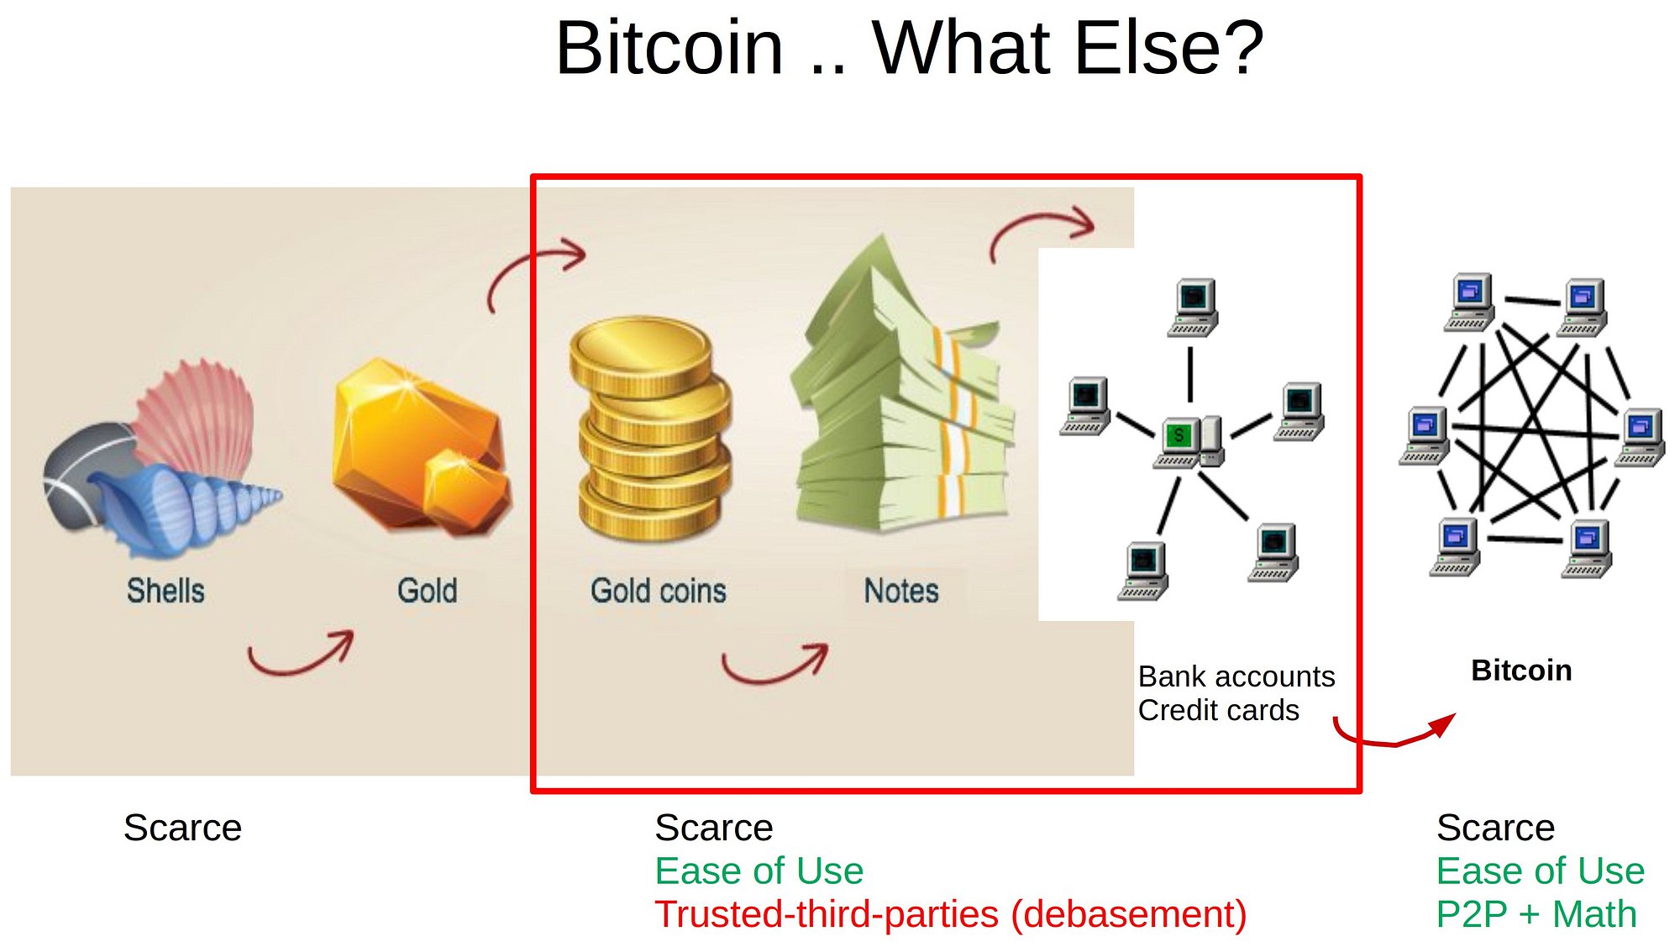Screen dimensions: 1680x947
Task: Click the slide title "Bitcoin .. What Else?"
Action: coord(909,48)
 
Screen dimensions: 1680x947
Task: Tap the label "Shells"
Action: coord(165,591)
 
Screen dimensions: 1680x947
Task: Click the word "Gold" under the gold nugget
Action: coord(427,591)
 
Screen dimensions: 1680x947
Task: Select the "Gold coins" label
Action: coord(659,591)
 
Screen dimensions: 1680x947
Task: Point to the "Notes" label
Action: coord(901,591)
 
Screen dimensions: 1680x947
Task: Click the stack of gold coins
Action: coord(651,429)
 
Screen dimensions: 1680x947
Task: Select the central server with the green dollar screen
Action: coord(1189,442)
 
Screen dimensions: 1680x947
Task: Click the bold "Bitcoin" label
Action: coord(1521,671)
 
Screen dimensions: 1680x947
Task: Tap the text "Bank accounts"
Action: coord(1236,676)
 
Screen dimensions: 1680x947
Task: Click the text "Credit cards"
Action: coord(1218,710)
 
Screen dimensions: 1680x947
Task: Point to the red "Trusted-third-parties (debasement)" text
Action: coord(950,914)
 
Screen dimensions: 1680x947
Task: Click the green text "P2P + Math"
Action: coord(1536,914)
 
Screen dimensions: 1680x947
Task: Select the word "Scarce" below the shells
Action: coord(182,828)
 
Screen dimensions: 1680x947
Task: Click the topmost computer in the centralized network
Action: coord(1193,308)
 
